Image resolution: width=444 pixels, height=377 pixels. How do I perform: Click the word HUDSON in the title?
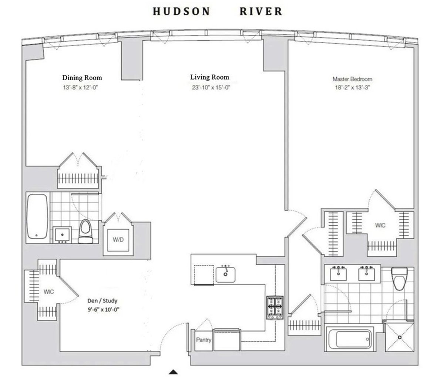(x=182, y=11)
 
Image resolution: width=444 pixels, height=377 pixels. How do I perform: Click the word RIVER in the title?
(x=261, y=11)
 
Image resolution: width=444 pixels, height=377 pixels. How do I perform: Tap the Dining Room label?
(x=82, y=78)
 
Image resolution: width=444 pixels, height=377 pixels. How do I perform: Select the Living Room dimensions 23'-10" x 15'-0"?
(x=211, y=87)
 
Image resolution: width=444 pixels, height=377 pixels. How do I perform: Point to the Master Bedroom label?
(x=352, y=79)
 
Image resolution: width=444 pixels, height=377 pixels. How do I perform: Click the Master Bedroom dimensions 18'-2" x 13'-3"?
(x=352, y=87)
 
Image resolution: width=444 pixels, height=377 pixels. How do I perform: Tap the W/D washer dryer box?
(x=118, y=240)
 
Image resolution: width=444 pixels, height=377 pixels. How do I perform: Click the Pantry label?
(x=203, y=340)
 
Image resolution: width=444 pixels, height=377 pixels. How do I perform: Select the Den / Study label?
(x=102, y=300)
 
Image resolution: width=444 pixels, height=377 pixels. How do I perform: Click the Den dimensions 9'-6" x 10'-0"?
(x=103, y=310)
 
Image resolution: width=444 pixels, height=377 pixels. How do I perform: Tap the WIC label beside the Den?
(x=48, y=292)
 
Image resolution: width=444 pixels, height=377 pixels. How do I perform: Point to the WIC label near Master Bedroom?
(x=380, y=225)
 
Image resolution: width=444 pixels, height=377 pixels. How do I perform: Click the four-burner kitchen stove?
(x=275, y=308)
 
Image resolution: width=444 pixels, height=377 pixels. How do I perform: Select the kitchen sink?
(x=226, y=275)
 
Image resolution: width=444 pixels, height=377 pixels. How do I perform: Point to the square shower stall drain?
(x=400, y=337)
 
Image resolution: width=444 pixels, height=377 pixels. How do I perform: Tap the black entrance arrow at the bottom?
(x=173, y=372)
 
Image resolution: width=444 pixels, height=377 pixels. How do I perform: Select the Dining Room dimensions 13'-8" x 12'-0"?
(x=81, y=87)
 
